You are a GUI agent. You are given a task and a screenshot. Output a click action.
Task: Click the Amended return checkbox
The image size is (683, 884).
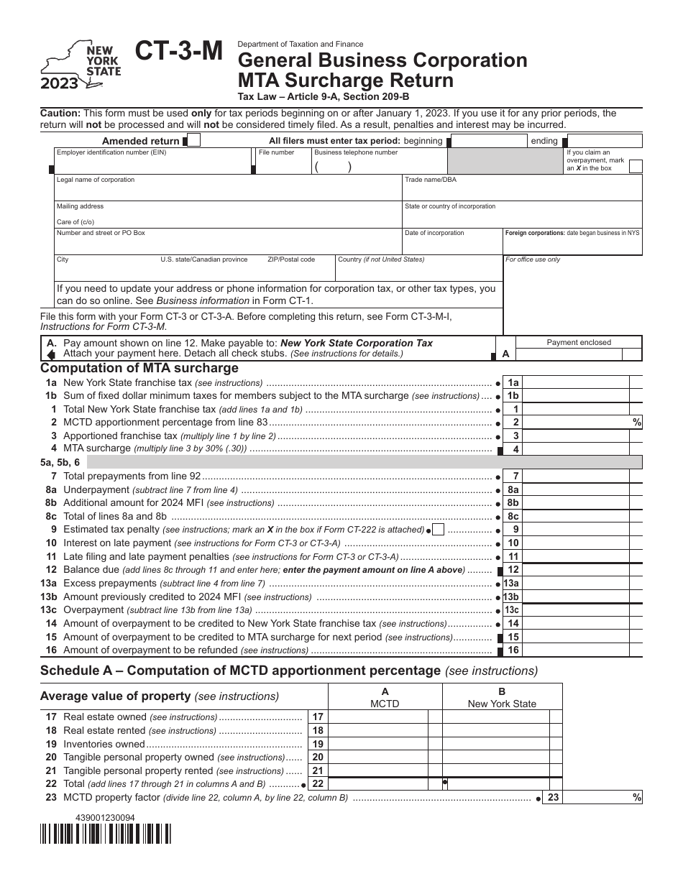pos(193,140)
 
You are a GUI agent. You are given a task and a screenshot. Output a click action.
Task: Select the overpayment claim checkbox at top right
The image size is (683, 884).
pos(636,166)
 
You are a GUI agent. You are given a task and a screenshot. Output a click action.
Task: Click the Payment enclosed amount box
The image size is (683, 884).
pos(579,354)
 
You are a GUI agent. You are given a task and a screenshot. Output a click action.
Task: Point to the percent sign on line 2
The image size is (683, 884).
pos(637,423)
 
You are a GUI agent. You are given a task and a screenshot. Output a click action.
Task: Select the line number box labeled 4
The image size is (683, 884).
pos(513,449)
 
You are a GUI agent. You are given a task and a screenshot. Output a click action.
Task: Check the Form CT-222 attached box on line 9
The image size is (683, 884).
pos(438,530)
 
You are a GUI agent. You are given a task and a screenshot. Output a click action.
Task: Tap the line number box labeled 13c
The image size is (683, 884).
pos(512,610)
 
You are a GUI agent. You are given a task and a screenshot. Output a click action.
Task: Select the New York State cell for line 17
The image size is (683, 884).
pos(495,717)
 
